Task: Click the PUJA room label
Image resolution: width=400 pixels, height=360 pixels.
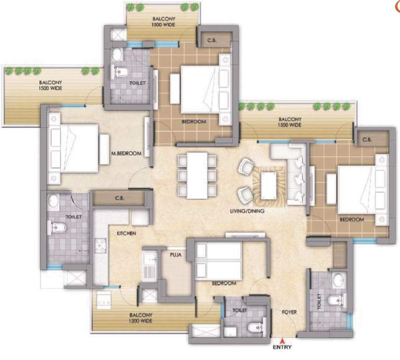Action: coord(176,255)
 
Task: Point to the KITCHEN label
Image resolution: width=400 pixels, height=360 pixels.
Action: coord(126,232)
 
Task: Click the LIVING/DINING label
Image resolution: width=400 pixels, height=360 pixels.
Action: coord(248,211)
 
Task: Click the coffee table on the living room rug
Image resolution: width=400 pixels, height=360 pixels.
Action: coord(269,181)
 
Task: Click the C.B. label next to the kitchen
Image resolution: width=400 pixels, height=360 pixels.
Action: coord(119,198)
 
